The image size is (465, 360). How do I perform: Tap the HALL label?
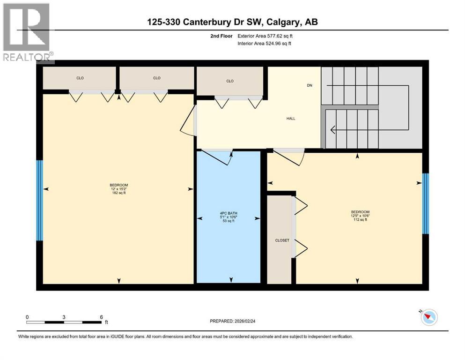point(291,118)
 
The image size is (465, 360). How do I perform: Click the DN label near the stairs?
point(309,85)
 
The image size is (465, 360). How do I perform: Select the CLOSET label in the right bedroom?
point(282,240)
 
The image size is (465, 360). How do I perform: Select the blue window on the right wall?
point(425,203)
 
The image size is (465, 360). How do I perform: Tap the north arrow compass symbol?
point(428,317)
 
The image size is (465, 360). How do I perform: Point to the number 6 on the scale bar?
point(101,317)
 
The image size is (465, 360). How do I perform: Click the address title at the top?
point(233,22)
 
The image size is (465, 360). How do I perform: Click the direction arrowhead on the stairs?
point(333,130)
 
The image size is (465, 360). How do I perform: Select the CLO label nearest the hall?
point(229,81)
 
